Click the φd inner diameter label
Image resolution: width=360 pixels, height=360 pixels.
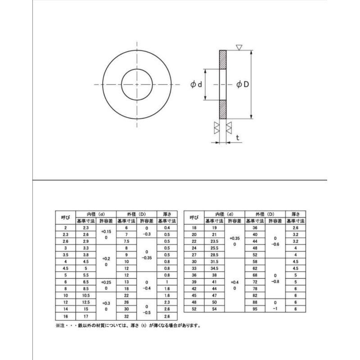point(196,85)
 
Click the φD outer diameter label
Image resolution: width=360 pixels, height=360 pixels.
point(243,85)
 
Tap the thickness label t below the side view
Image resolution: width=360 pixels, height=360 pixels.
point(237,138)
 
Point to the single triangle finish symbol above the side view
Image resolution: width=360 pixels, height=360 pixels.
point(239,47)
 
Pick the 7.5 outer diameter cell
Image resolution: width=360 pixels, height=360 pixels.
point(126,241)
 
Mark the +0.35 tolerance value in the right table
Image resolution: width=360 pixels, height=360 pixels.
point(234,238)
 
